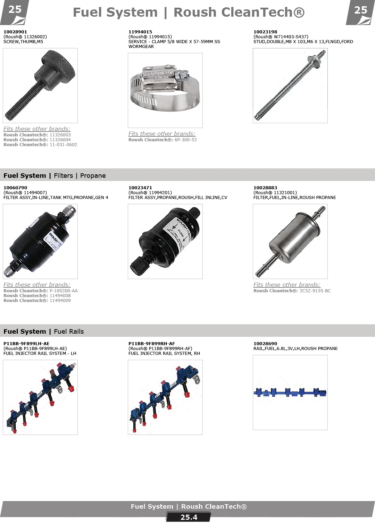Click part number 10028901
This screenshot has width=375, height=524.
(15, 32)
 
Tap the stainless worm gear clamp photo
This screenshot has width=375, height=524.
(165, 90)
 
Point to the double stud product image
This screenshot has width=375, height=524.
(290, 85)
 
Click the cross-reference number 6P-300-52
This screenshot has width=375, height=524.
(186, 140)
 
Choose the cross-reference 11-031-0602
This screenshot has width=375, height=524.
(63, 144)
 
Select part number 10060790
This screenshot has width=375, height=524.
(15, 188)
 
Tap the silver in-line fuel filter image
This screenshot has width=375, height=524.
(290, 241)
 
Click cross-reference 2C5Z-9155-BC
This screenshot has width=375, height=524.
(315, 291)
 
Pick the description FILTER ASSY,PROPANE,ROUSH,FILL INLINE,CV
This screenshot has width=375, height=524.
(178, 197)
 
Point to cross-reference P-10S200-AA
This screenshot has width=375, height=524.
(64, 291)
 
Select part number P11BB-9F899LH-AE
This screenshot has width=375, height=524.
(26, 343)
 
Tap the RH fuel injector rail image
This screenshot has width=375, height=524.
(165, 397)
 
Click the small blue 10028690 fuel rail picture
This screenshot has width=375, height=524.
(290, 392)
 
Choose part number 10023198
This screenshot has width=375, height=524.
(265, 32)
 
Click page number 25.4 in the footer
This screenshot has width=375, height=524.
(189, 517)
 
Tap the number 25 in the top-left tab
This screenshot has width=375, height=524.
(15, 10)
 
